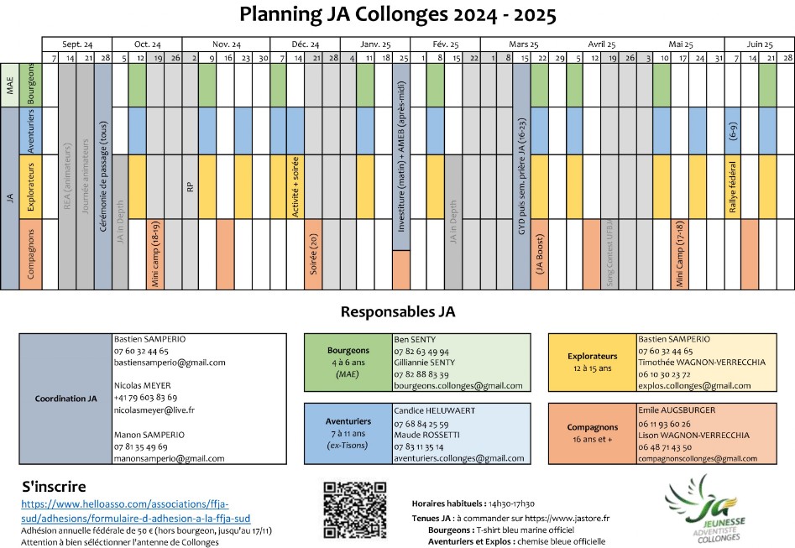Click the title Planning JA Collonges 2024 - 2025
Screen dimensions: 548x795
click(x=397, y=15)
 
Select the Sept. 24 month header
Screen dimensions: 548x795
click(x=76, y=44)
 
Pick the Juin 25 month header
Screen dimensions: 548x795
click(x=760, y=44)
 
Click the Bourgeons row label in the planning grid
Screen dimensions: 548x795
click(x=32, y=84)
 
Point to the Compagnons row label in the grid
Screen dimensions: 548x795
click(x=32, y=253)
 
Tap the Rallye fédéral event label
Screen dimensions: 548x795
click(x=733, y=186)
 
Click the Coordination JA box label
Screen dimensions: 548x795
click(x=65, y=399)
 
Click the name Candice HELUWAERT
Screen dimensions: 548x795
click(x=432, y=410)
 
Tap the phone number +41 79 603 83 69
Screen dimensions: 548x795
click(x=145, y=397)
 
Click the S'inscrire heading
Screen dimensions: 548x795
click(x=54, y=487)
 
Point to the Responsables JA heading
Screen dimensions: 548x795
click(x=397, y=312)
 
